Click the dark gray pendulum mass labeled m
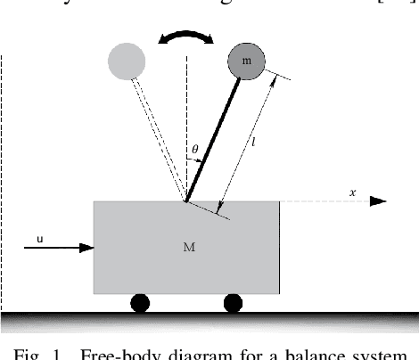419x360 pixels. pyautogui.click(x=246, y=61)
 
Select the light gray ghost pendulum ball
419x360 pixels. pyautogui.click(x=126, y=61)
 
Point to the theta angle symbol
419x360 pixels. pyautogui.click(x=196, y=149)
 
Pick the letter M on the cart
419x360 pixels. pyautogui.click(x=188, y=248)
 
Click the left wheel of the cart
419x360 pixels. pyautogui.click(x=140, y=303)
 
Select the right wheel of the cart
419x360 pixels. pyautogui.click(x=233, y=303)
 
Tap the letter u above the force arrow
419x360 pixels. pyautogui.click(x=40, y=237)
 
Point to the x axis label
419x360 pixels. pyautogui.click(x=353, y=192)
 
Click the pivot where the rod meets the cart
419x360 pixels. pyautogui.click(x=186, y=201)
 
